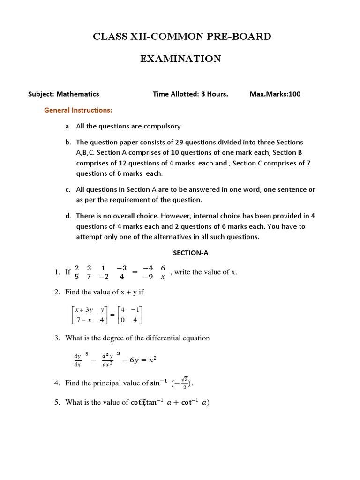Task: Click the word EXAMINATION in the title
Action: pos(180,59)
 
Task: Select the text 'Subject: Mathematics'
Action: pos(64,94)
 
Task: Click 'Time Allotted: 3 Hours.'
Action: pos(190,94)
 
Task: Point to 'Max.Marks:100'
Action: pos(275,94)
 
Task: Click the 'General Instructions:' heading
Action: pos(78,110)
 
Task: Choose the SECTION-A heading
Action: pos(190,253)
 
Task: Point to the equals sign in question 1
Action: pos(134,272)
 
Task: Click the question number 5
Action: pos(57,402)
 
